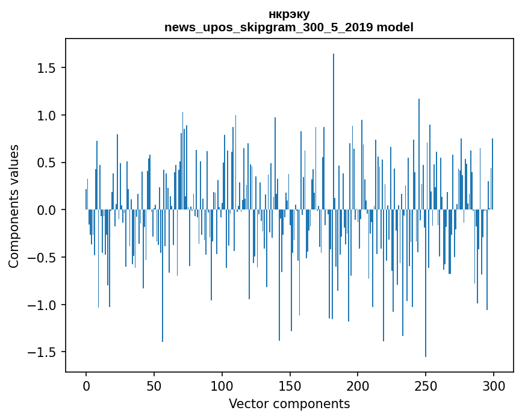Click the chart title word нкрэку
[289, 14]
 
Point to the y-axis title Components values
[14, 206]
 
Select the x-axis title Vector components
[289, 403]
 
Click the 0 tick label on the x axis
[86, 385]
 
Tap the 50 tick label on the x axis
[154, 385]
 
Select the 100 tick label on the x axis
[222, 385]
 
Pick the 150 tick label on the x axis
[290, 385]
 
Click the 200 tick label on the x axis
[358, 385]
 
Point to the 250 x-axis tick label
[426, 385]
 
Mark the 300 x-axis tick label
[494, 385]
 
